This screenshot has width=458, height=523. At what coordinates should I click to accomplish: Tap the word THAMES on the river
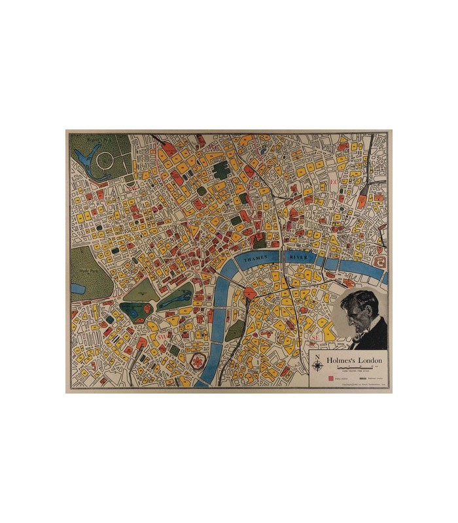(x=256, y=259)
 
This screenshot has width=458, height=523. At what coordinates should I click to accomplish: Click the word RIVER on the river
(x=298, y=258)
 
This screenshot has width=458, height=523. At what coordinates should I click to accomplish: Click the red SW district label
(x=162, y=337)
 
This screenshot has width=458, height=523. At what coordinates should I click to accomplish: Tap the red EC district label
(x=333, y=181)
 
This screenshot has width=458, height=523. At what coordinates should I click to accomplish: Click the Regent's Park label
(x=88, y=139)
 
